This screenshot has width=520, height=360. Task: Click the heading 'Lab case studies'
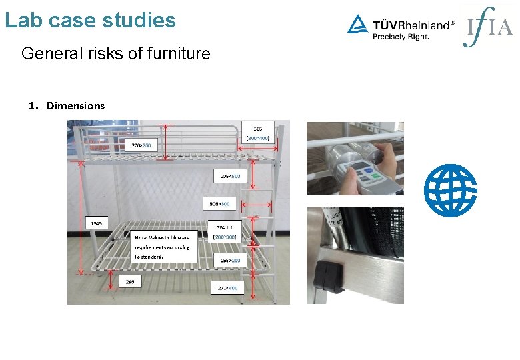90,19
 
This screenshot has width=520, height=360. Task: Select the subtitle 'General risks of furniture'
115,53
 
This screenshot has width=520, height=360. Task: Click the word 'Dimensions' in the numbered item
75,105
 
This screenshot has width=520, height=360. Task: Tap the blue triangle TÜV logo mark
357,25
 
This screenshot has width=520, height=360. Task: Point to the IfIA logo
488,27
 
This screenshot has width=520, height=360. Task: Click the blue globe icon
451,190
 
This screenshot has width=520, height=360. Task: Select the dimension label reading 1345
96,223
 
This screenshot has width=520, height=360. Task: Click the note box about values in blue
164,246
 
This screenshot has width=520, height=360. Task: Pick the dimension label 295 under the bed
129,281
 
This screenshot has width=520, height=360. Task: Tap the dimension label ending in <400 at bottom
227,287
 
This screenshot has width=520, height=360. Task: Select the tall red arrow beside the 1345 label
82,217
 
